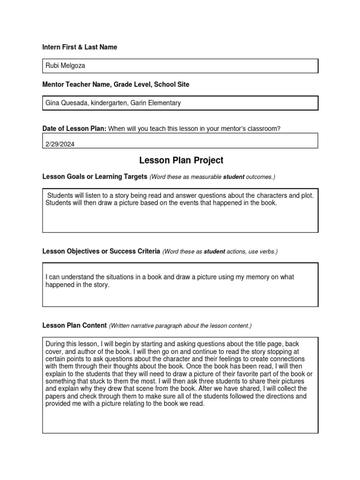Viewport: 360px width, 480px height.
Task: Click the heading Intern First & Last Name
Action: pos(80,47)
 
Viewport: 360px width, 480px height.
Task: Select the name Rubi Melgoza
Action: pos(65,66)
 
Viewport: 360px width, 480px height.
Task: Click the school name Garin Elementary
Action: pos(156,103)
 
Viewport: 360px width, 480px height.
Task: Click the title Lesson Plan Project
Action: pos(181,160)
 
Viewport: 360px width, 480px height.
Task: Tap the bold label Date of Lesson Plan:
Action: pos(75,129)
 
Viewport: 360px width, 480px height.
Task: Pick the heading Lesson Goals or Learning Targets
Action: pos(95,177)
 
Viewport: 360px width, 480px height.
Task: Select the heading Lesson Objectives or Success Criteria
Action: pos(101,251)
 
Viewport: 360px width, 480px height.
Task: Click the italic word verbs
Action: pos(268,252)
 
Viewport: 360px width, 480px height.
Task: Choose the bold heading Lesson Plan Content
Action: pos(75,325)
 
